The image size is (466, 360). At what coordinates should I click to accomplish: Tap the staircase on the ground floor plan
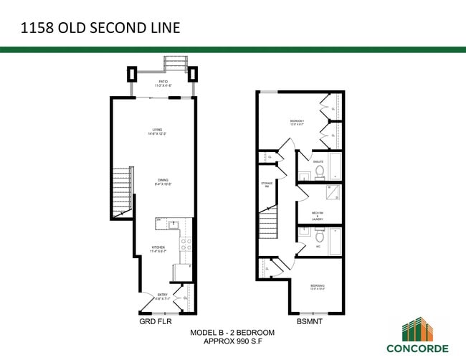pyautogui.click(x=123, y=191)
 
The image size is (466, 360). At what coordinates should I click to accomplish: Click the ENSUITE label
pyautogui.click(x=317, y=162)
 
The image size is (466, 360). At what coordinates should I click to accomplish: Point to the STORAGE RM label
pyautogui.click(x=265, y=184)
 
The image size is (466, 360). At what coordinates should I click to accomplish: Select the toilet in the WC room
pyautogui.click(x=320, y=235)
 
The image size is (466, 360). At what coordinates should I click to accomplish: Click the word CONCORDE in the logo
pyautogui.click(x=418, y=349)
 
